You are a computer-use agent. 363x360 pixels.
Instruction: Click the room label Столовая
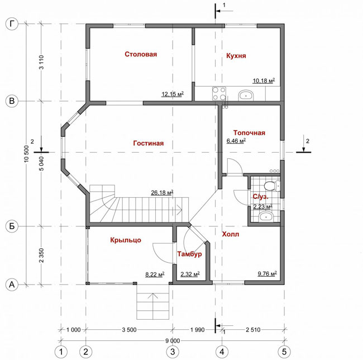tap(141, 54)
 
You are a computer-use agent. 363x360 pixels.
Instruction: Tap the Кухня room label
tap(236, 56)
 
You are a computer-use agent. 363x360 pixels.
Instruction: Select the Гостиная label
tap(149, 143)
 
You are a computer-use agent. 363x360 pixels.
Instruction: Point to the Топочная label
tap(249, 132)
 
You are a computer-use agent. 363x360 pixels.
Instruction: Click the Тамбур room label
tap(190, 254)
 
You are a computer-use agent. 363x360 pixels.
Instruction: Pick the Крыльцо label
tap(126, 240)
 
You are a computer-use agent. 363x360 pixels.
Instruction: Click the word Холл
tap(231, 234)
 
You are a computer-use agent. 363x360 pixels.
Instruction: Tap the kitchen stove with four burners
tap(219, 93)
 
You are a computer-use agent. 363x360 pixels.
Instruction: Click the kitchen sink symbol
tap(246, 95)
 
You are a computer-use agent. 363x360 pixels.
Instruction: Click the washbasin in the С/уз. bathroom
tap(266, 217)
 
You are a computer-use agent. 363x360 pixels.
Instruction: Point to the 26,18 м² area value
tap(162, 192)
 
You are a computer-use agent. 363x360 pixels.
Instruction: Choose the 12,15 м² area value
tap(173, 94)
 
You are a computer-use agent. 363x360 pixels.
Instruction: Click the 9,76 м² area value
tap(268, 273)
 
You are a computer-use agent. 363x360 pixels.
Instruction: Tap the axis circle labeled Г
tap(12, 24)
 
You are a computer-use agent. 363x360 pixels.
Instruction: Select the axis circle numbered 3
tap(173, 352)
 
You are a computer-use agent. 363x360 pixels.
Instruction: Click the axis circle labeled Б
tap(12, 226)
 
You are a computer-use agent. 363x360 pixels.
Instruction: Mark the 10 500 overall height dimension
tap(27, 154)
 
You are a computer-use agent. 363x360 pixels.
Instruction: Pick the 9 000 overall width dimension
tap(173, 341)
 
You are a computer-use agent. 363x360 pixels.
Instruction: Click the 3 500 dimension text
tap(129, 330)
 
